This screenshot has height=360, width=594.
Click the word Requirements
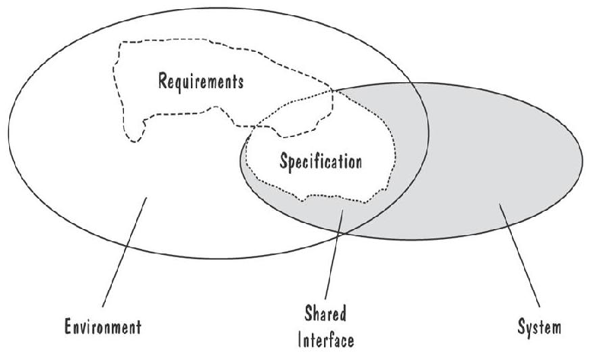pyautogui.click(x=201, y=81)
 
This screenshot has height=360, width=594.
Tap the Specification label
pyautogui.click(x=320, y=161)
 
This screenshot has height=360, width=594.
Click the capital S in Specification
pyautogui.click(x=283, y=161)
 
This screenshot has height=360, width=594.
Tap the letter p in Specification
pyautogui.click(x=292, y=163)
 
